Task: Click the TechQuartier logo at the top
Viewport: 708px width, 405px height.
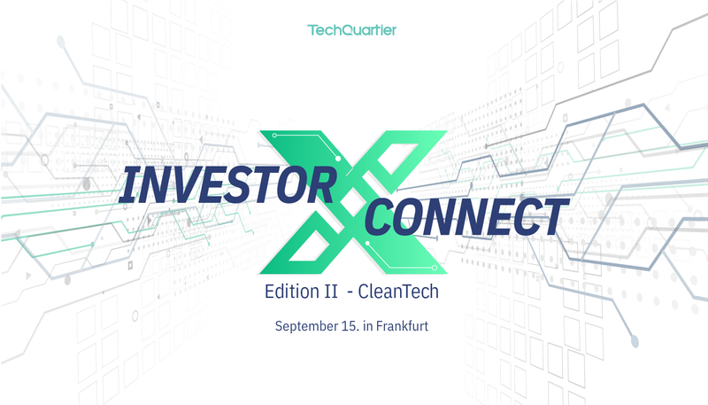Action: (x=351, y=30)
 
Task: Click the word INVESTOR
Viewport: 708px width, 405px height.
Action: (x=228, y=184)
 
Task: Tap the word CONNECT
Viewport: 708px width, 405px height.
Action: (x=466, y=217)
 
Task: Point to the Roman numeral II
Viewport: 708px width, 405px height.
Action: (x=331, y=292)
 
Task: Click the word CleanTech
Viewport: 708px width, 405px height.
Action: (x=398, y=292)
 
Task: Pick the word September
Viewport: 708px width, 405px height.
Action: (x=306, y=326)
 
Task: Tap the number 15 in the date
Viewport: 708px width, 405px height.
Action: (x=350, y=326)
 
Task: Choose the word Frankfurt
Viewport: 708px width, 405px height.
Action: (x=402, y=326)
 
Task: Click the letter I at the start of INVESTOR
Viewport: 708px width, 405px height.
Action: (x=128, y=185)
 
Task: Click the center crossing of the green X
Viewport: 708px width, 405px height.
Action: (x=353, y=201)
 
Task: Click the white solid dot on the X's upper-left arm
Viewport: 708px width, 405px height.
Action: (x=338, y=159)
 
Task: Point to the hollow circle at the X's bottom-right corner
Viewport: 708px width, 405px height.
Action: (x=435, y=268)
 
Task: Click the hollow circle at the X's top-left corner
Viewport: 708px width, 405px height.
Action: (x=274, y=136)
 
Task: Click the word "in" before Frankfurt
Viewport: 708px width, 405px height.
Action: (x=368, y=326)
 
